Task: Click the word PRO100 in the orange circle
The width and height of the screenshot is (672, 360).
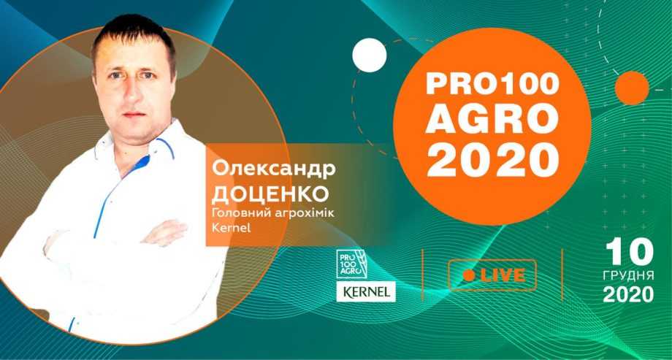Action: pyautogui.click(x=492, y=85)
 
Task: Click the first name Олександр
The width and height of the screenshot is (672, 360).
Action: pyautogui.click(x=274, y=169)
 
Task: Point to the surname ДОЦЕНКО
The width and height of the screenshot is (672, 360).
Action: pyautogui.click(x=270, y=194)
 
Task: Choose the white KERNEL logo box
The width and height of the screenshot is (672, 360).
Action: pyautogui.click(x=366, y=292)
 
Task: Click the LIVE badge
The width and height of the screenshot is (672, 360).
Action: pyautogui.click(x=492, y=275)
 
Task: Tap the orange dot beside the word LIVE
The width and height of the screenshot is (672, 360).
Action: pyautogui.click(x=469, y=275)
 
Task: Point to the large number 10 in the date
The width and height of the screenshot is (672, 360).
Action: pyautogui.click(x=629, y=253)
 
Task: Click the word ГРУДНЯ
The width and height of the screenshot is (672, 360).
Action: pyautogui.click(x=629, y=275)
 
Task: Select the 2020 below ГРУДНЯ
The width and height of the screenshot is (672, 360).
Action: pyautogui.click(x=629, y=294)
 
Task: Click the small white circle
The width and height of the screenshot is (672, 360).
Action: pyautogui.click(x=370, y=55)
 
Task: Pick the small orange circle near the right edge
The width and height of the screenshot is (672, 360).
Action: pyautogui.click(x=632, y=88)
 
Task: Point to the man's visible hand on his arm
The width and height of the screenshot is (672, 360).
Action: pyautogui.click(x=165, y=232)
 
